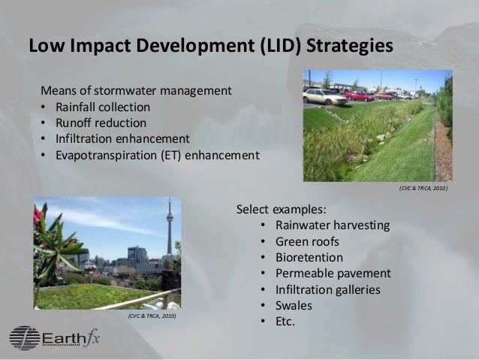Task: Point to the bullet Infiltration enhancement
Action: pos(120,139)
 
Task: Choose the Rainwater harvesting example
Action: pos(333,225)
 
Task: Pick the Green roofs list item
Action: pos(307,241)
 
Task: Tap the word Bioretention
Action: pos(309,257)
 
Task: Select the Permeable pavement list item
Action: pos(333,273)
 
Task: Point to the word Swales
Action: pos(294,305)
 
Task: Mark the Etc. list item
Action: pos(286,321)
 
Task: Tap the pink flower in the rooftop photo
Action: pos(38,215)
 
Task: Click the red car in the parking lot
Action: pos(360,95)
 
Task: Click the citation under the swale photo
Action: pos(423,189)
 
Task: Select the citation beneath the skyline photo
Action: pos(151,317)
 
